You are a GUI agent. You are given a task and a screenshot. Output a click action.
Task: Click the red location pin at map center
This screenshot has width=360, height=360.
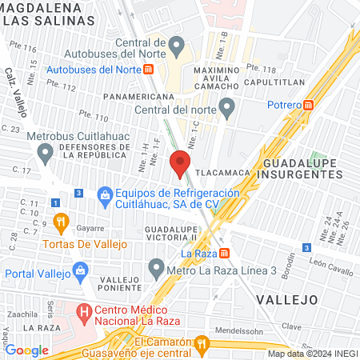(180, 163)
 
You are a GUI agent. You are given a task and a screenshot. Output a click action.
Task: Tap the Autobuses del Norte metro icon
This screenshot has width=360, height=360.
(150, 70)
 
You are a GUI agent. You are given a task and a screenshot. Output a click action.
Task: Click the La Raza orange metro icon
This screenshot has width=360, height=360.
(225, 254)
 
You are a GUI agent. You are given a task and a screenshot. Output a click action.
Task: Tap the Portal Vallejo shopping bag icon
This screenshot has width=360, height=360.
(81, 272)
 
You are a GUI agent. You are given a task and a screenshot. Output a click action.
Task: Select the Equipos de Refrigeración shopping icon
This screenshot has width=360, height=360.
(105, 194)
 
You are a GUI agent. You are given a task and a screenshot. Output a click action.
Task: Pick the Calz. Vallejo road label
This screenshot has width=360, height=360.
(17, 90)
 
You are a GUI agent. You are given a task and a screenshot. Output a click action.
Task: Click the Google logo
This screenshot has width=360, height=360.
(26, 350)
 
